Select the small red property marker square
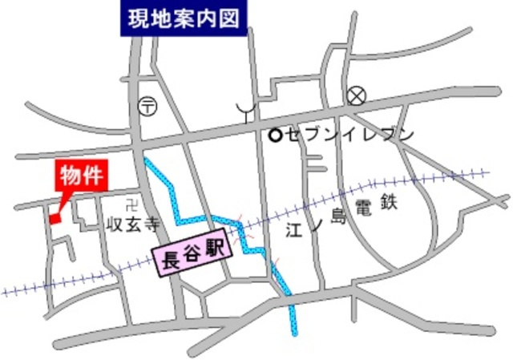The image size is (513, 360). point(55,218)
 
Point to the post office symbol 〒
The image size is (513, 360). point(148,104)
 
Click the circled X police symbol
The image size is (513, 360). point(357,97)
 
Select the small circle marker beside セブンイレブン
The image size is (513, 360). point(275,136)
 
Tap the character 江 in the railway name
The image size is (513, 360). point(293,230)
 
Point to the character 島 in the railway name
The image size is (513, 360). point(337,215)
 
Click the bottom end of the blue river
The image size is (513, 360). point(293,331)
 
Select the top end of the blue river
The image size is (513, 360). point(147,160)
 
